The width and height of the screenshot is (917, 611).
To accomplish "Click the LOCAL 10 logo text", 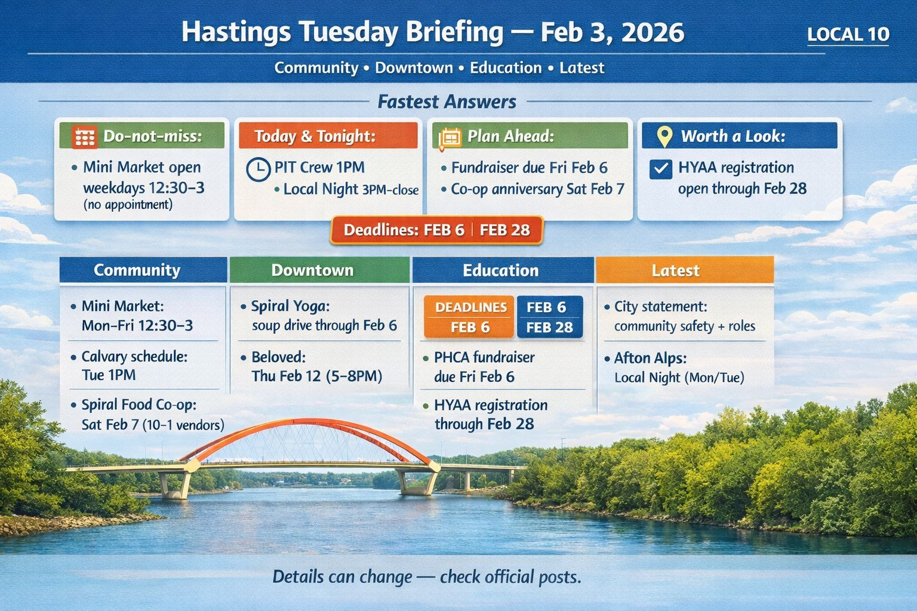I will click(848, 35).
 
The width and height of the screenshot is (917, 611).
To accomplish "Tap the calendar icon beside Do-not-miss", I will click(84, 137).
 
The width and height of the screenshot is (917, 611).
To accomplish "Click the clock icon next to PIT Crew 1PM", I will click(258, 169).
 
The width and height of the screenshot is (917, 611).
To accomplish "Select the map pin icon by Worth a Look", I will click(664, 137).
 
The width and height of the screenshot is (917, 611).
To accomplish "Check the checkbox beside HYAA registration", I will click(660, 169).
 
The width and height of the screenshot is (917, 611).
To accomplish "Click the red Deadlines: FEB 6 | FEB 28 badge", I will click(436, 230).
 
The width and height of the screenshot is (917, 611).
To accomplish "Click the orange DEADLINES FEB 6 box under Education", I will click(469, 317).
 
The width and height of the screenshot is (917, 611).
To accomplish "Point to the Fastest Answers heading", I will click(447, 102).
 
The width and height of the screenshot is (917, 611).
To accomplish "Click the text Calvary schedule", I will click(134, 357).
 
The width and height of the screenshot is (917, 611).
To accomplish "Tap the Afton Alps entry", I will click(650, 358).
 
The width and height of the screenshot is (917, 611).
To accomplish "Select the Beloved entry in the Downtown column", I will click(278, 357).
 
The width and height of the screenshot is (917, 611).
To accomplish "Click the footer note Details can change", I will click(426, 577).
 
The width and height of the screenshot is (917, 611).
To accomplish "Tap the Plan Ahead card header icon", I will click(450, 137).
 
